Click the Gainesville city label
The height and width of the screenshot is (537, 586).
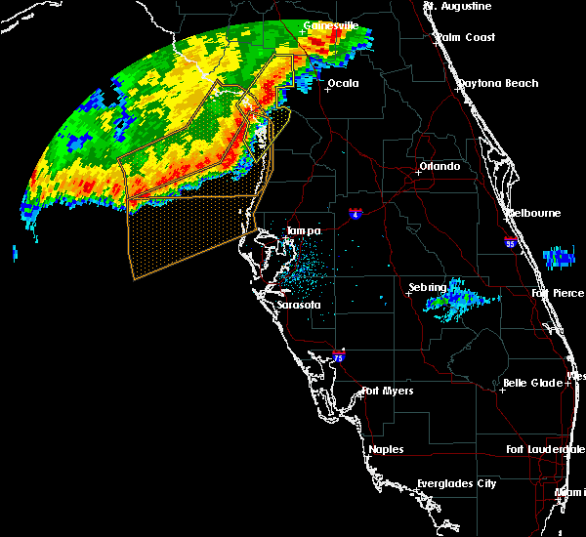pyautogui.click(x=331, y=25)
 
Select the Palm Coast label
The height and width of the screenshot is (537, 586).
pyautogui.click(x=468, y=37)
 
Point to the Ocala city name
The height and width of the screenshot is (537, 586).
pyautogui.click(x=343, y=83)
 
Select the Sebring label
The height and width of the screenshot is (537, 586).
pyautogui.click(x=427, y=288)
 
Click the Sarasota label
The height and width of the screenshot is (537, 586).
pyautogui.click(x=299, y=305)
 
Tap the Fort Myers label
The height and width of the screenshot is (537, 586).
pyautogui.click(x=388, y=392)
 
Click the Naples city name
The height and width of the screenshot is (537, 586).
pyautogui.click(x=385, y=449)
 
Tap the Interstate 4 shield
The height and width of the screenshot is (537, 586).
pyautogui.click(x=357, y=214)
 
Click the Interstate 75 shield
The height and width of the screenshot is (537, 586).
pyautogui.click(x=338, y=357)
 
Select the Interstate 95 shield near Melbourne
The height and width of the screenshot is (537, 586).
pyautogui.click(x=510, y=241)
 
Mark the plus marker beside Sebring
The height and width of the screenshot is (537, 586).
pyautogui.click(x=409, y=293)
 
